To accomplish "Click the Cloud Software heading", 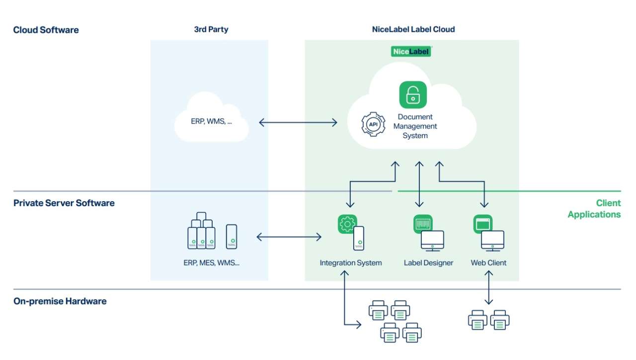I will (46, 30).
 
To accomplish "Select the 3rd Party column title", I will (211, 29).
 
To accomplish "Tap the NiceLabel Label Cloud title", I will (413, 29).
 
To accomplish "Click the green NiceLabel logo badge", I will (411, 51).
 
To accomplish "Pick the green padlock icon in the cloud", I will (413, 95).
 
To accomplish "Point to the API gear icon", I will (373, 124).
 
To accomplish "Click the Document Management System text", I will (415, 126).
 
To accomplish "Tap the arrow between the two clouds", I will (298, 122).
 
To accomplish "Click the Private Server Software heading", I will (64, 203).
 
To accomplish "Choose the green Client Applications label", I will (594, 209).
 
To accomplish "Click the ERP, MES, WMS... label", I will (211, 263).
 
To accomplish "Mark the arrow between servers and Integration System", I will (289, 237).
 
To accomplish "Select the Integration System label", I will (351, 263).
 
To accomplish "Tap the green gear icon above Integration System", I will (347, 224).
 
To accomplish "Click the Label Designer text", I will (428, 263).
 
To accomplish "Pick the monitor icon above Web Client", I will (492, 240).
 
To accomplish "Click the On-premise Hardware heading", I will (60, 301).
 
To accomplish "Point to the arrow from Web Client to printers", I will (489, 288).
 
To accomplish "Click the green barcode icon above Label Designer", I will (423, 224).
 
